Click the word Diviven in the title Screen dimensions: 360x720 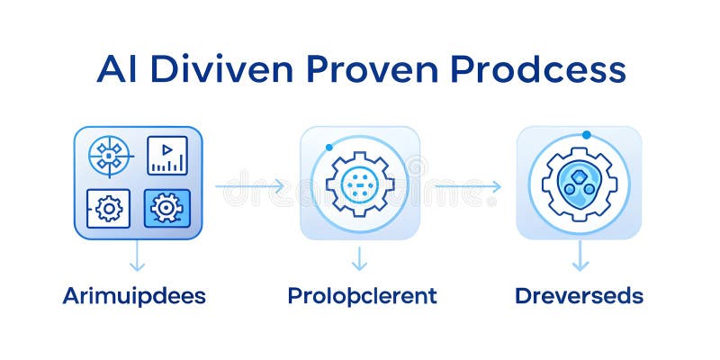click(228, 69)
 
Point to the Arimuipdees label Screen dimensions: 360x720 click(134, 295)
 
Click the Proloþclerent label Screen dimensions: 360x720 click(362, 295)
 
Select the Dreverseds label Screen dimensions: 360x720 click(579, 295)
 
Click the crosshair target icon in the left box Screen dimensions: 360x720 click(109, 155)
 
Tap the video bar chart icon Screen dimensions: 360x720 click(166, 155)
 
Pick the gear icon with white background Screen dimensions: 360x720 click(109, 209)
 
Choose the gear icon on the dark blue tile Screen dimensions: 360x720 click(166, 209)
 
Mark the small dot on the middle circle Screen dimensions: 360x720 click(330, 147)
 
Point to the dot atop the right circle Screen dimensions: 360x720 click(586, 135)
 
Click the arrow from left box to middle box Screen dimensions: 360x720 click(250, 186)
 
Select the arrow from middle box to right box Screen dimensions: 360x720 click(466, 186)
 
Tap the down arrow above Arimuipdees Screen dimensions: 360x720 click(137, 258)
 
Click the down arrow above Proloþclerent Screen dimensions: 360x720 click(360, 258)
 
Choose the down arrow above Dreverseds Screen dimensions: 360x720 click(580, 258)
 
